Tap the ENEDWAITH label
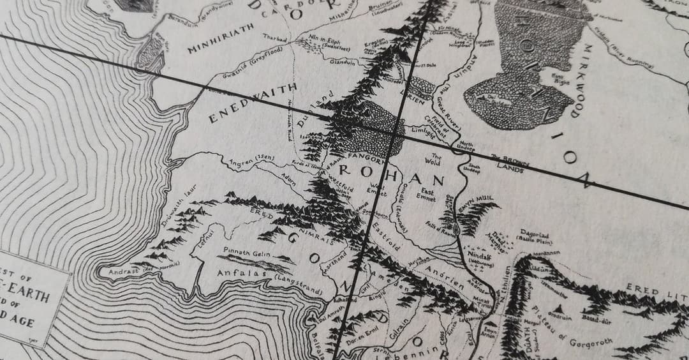tap(253, 102)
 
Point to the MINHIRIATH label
tap(219, 40)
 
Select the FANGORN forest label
tap(364, 155)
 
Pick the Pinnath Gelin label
tap(244, 252)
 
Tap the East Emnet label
tap(426, 195)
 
